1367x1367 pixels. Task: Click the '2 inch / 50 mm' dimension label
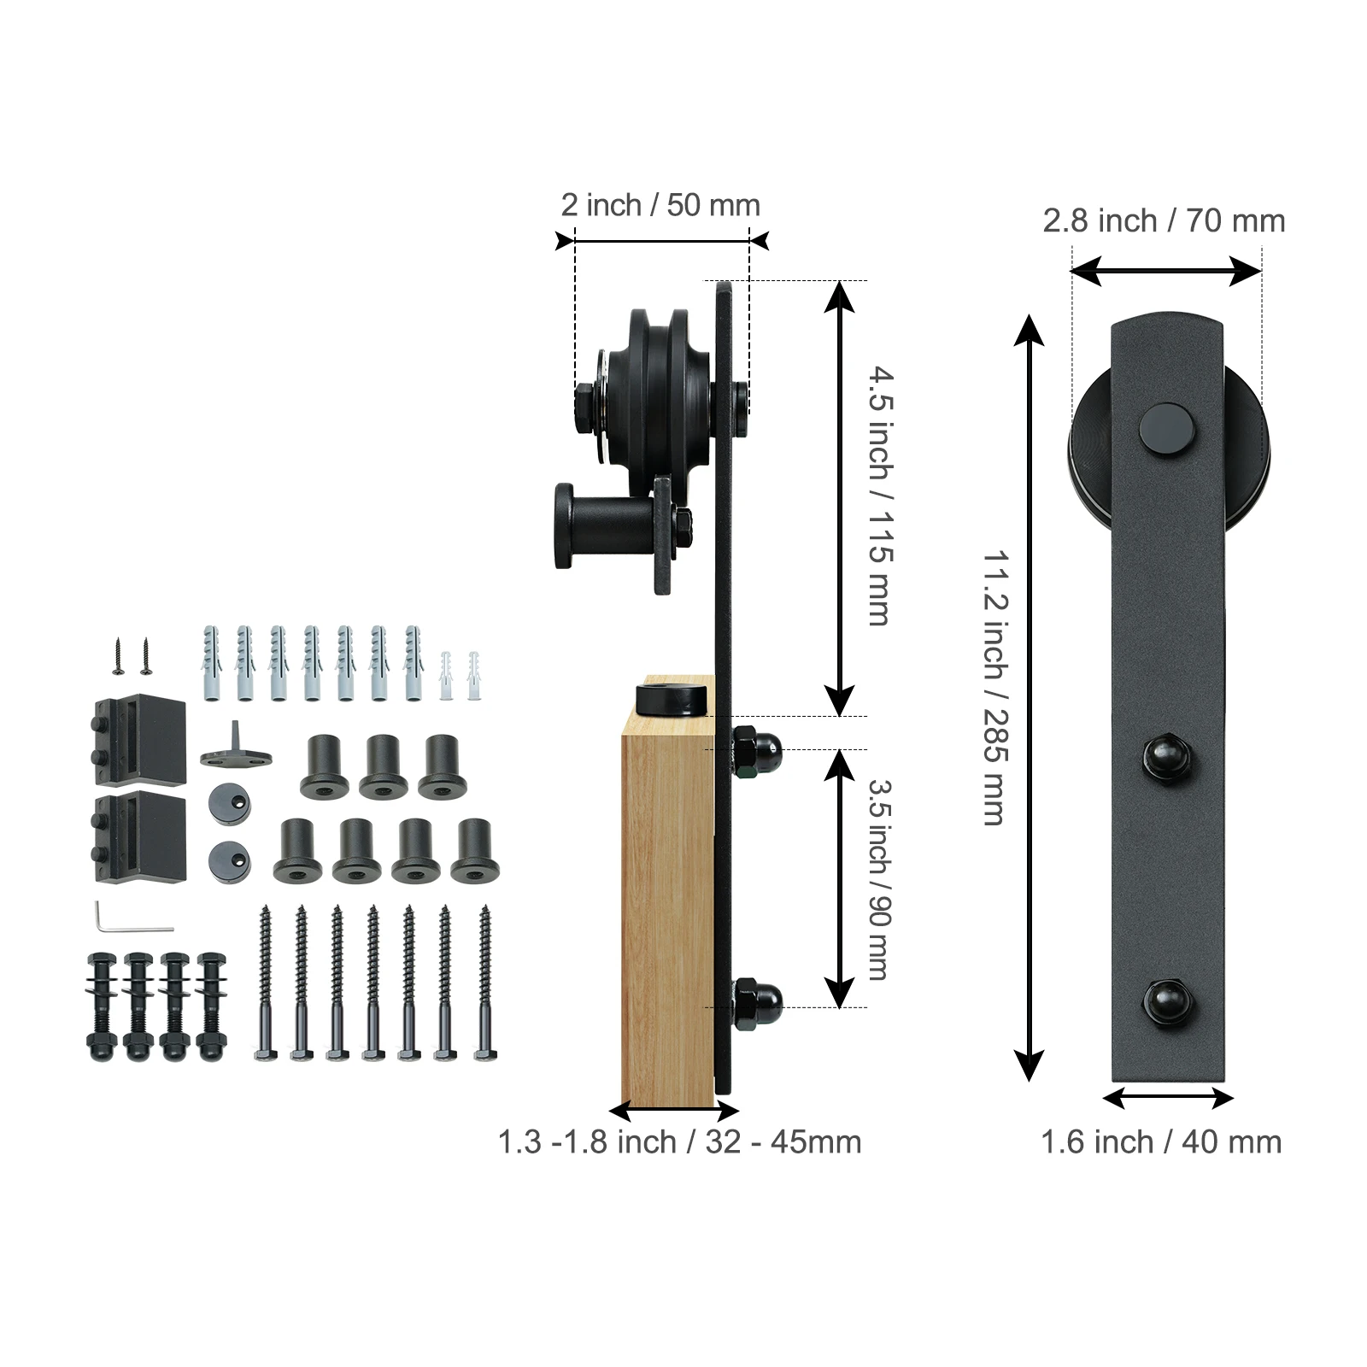click(x=660, y=205)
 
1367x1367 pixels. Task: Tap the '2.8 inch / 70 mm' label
click(x=1164, y=221)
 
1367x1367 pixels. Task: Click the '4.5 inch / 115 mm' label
click(x=882, y=496)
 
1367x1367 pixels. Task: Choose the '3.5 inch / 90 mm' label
click(x=881, y=878)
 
